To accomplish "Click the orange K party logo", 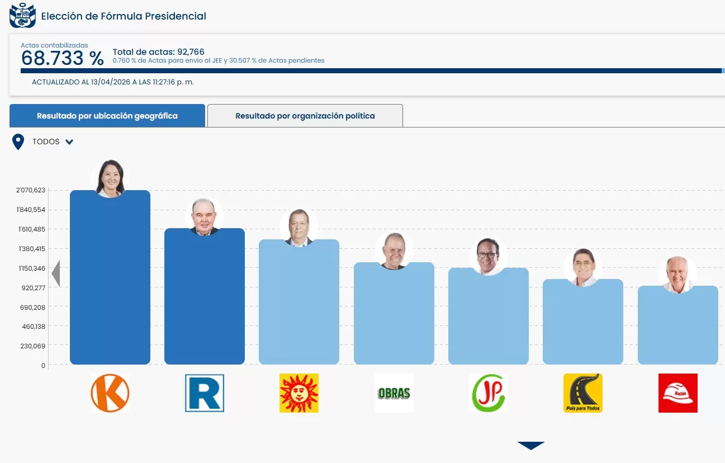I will (x=110, y=393).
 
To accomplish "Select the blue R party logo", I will (x=205, y=393).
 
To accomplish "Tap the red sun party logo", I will (x=299, y=393).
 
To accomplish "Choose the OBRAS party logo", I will (x=394, y=393).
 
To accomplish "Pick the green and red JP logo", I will (x=488, y=393).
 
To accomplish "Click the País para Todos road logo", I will (x=583, y=393).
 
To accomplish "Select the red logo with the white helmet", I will (x=678, y=393).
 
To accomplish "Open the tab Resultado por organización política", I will (x=305, y=116).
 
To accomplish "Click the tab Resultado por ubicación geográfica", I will (x=107, y=116).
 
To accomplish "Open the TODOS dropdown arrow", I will (x=69, y=142).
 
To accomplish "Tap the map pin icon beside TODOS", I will (x=18, y=142).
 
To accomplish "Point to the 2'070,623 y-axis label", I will (x=31, y=190).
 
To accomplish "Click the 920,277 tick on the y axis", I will (x=32, y=287).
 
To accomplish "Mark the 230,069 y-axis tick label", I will (x=32, y=346).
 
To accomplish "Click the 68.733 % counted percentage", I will (x=63, y=58).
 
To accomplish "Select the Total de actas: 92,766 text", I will (x=159, y=52).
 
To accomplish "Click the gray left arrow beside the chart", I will (x=55, y=274).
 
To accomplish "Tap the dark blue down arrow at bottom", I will (x=530, y=446).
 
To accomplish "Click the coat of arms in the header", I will (x=22, y=16).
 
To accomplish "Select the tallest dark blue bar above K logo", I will (x=110, y=280).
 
